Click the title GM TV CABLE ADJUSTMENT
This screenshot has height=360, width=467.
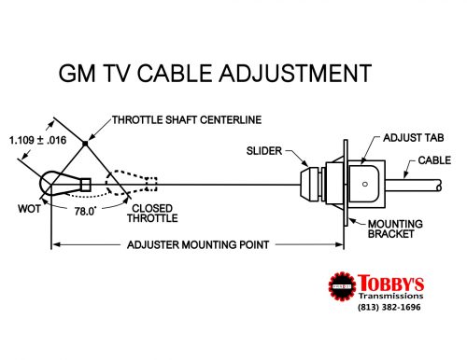215,74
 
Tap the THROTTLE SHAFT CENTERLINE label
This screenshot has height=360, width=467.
187,120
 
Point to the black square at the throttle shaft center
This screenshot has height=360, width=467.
85,144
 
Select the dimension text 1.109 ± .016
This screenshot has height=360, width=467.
37,140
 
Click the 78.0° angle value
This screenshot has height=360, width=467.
85,212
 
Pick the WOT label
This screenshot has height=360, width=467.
29,209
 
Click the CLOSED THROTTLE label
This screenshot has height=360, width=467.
152,214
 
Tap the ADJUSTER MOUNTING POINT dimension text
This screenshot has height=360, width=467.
198,245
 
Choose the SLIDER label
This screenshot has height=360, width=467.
264,151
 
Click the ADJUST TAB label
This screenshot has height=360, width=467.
414,138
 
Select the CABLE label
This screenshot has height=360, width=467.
434,160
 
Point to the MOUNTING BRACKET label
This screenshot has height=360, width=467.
395,228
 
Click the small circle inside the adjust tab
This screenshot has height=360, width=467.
365,185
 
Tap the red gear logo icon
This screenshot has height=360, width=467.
342,286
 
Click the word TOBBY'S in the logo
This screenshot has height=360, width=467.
390,283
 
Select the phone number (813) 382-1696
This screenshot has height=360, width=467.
389,307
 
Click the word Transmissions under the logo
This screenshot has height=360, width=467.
390,296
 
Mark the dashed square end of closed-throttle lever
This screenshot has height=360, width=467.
151,185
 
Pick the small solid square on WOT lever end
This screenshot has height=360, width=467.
85,185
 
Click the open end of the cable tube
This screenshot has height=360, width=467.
439,186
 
